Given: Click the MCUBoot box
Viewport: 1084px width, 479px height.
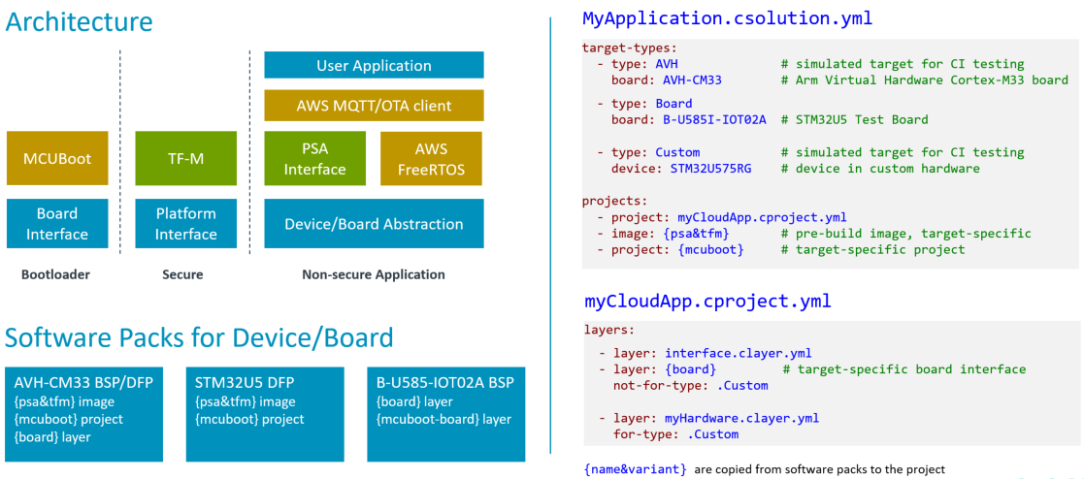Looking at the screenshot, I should pos(56,158).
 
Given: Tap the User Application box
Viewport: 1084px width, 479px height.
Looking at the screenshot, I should pos(374,66).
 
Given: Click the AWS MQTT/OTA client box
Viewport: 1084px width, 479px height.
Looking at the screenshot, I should pos(374,106).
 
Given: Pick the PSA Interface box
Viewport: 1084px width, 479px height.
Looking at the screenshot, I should pos(314,158).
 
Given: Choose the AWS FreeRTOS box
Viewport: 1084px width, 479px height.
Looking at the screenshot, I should pos(432,158).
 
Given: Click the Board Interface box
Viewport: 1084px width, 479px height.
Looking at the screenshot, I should pos(56,223).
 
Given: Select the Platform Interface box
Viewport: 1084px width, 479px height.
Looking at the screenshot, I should pos(185,223).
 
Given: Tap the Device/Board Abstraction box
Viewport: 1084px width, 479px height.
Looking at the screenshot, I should pos(374,224).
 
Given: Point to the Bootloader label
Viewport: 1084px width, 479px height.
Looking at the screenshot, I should pos(55,274).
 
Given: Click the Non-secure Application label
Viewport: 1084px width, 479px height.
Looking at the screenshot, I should pos(374,274).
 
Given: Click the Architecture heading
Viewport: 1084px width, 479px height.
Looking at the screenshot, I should pos(79,22).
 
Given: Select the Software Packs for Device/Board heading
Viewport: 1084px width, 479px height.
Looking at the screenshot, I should pos(199,337).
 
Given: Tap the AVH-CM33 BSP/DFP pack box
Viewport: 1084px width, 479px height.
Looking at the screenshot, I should pos(83,413).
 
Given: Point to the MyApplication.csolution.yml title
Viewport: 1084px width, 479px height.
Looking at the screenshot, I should pos(727,18).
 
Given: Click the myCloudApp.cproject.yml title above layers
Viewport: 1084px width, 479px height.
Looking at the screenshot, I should pos(707,302).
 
